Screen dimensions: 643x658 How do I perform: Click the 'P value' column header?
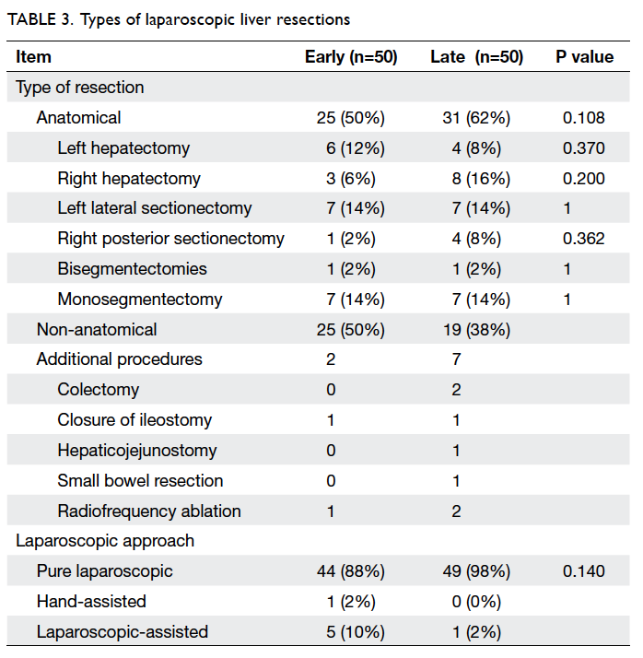pyautogui.click(x=584, y=56)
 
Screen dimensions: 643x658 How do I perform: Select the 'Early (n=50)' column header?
pyautogui.click(x=351, y=57)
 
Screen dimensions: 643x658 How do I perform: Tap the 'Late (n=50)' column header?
pyautogui.click(x=477, y=57)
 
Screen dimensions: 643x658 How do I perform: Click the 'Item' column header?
pyautogui.click(x=33, y=56)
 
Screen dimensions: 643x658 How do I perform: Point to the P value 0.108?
pyautogui.click(x=583, y=118)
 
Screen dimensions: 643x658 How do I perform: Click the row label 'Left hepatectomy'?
pyautogui.click(x=123, y=148)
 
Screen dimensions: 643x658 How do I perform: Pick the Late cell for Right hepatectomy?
pyautogui.click(x=481, y=179)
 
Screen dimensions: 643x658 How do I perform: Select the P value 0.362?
pyautogui.click(x=583, y=239)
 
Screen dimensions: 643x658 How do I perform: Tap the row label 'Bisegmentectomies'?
pyautogui.click(x=132, y=269)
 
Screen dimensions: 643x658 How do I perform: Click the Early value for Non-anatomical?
pyautogui.click(x=351, y=330)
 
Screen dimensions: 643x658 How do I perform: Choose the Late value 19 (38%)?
pyautogui.click(x=476, y=330)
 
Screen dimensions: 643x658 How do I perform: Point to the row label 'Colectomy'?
pyautogui.click(x=99, y=390)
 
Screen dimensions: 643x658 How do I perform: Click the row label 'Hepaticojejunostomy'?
pyautogui.click(x=137, y=451)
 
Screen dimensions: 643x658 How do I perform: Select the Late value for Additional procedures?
pyautogui.click(x=456, y=359)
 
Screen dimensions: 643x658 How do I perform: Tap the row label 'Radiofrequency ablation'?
pyautogui.click(x=149, y=511)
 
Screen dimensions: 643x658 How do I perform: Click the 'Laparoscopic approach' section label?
pyautogui.click(x=105, y=541)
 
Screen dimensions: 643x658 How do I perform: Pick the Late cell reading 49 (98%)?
pyautogui.click(x=476, y=571)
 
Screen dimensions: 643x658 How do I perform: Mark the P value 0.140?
pyautogui.click(x=583, y=571)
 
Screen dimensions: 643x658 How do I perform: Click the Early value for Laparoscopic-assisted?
pyautogui.click(x=356, y=632)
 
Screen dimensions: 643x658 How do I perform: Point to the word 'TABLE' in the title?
pyautogui.click(x=32, y=19)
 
